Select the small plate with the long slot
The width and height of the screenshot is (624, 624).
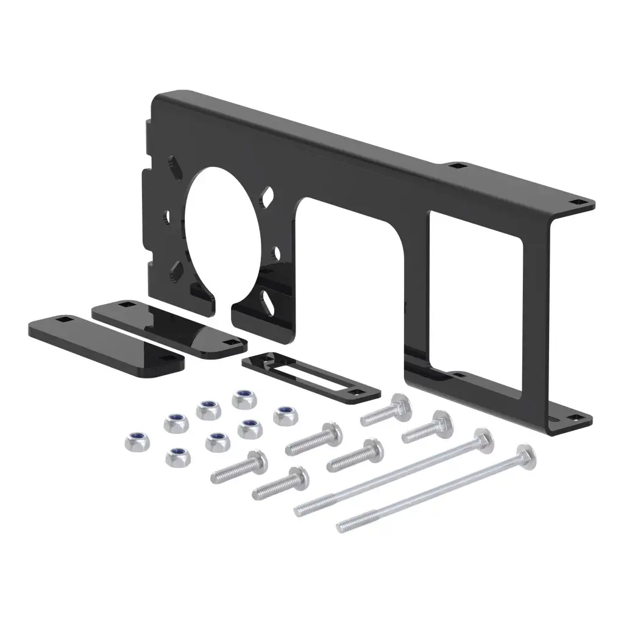[311, 378]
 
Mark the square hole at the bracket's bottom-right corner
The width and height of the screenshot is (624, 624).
[576, 418]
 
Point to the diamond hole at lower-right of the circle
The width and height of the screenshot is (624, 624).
[269, 299]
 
